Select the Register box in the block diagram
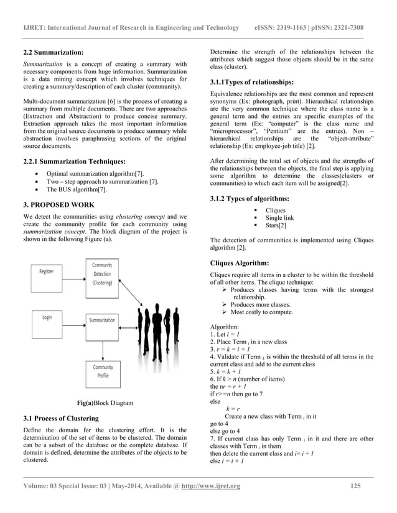[x=47, y=271]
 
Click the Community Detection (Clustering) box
[x=102, y=273]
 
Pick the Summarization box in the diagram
[x=102, y=320]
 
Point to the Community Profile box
[x=103, y=371]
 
